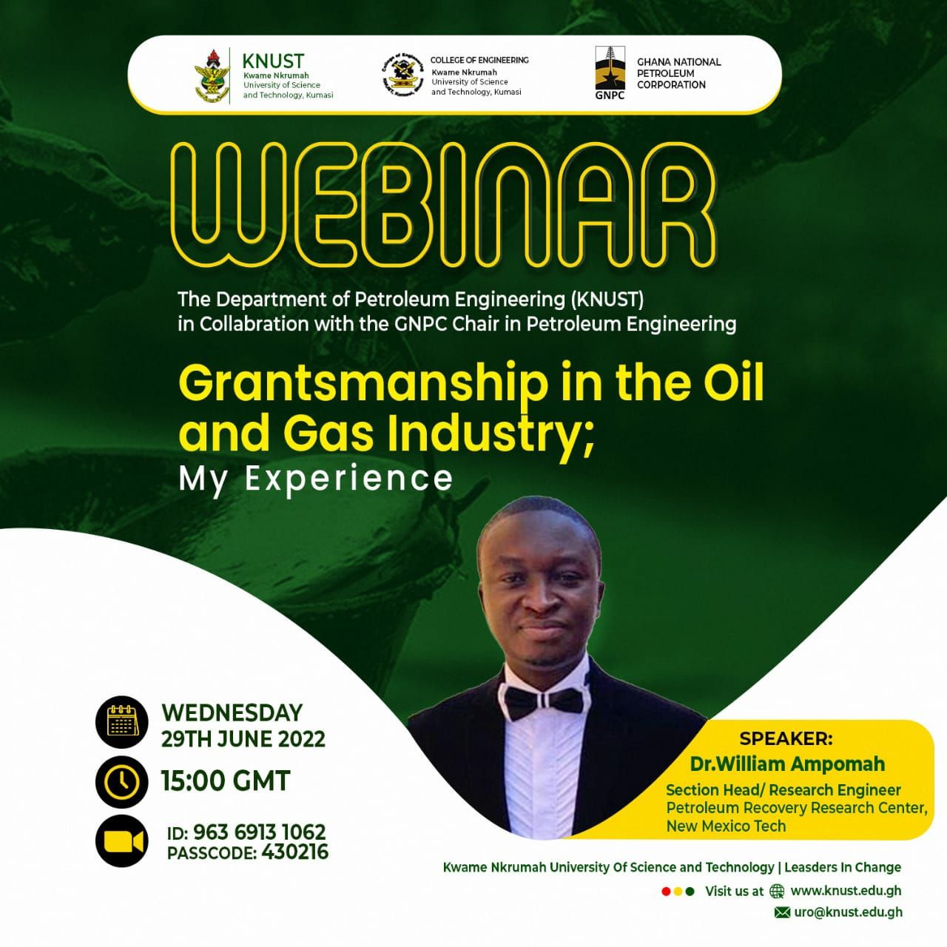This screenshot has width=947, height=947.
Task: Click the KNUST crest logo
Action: (211, 75)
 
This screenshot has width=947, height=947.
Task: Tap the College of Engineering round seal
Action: (402, 74)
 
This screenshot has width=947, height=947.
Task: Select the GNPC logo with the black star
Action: (610, 73)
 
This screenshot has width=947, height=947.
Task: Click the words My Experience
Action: (315, 479)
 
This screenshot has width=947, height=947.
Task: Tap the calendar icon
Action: (122, 721)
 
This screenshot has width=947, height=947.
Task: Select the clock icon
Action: (122, 781)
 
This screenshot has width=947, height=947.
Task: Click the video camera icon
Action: (122, 841)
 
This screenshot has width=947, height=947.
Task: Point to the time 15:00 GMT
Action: (226, 781)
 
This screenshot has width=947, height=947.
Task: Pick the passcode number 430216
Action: (294, 852)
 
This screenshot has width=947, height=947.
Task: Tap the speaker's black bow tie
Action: (539, 701)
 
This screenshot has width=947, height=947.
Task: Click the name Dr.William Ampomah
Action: (787, 764)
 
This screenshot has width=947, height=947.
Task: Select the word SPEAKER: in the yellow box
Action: (786, 738)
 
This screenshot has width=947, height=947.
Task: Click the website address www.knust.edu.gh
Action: (846, 891)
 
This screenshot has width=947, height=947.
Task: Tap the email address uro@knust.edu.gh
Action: (848, 912)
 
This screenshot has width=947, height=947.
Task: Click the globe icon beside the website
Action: (777, 892)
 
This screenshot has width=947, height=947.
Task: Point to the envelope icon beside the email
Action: (782, 912)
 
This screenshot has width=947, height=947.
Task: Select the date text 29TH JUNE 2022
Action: (243, 739)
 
